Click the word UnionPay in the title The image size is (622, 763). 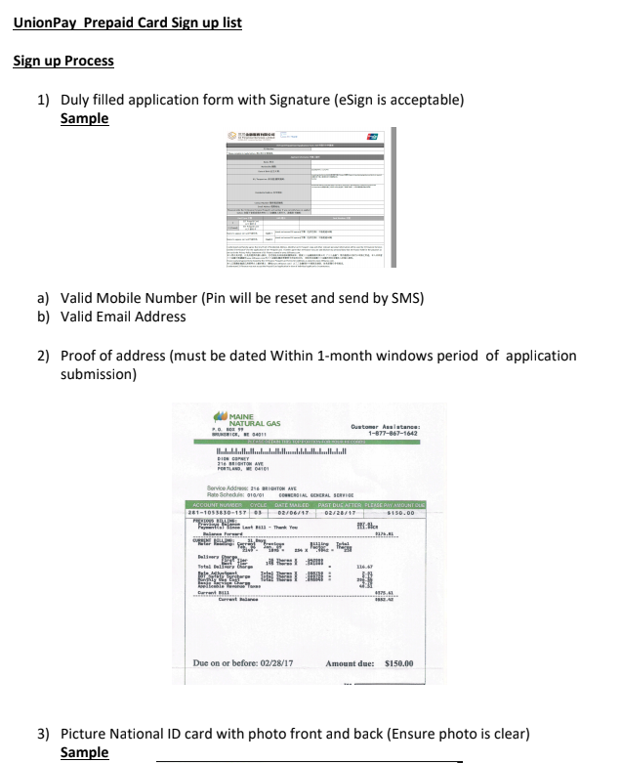tap(46, 21)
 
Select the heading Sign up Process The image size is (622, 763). tap(63, 61)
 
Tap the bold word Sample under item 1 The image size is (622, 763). tap(84, 119)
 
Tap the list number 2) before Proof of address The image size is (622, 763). tap(44, 356)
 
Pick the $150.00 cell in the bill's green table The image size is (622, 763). tap(398, 511)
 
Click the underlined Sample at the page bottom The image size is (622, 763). tap(84, 752)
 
